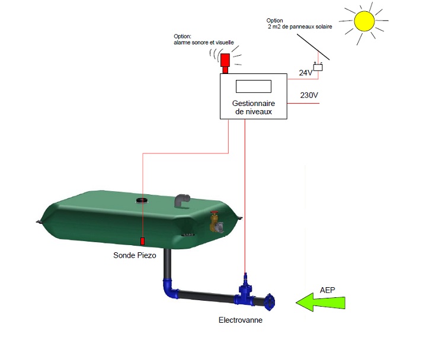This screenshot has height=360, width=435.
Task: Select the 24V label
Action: (x=305, y=73)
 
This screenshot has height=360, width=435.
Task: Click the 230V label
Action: (x=309, y=95)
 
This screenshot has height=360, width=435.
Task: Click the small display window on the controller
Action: (x=253, y=86)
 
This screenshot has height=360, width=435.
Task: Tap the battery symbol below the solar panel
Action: (x=318, y=67)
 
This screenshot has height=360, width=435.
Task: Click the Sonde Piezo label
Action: (x=135, y=256)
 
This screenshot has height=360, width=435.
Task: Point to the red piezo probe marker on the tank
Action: (x=142, y=241)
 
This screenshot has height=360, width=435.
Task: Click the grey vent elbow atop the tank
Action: (x=183, y=201)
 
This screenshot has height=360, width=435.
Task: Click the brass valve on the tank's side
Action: (x=215, y=223)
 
